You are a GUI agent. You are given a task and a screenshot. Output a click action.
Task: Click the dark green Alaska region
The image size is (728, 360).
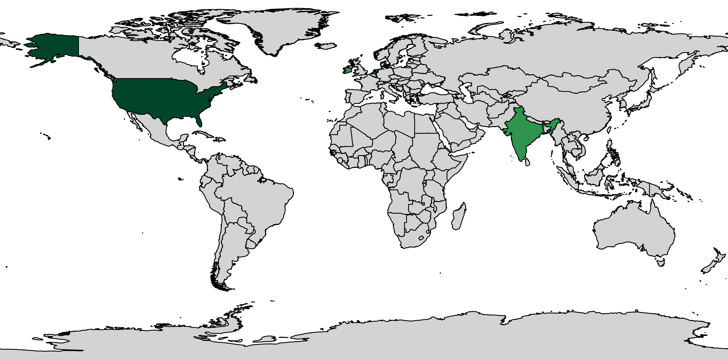(54, 47)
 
